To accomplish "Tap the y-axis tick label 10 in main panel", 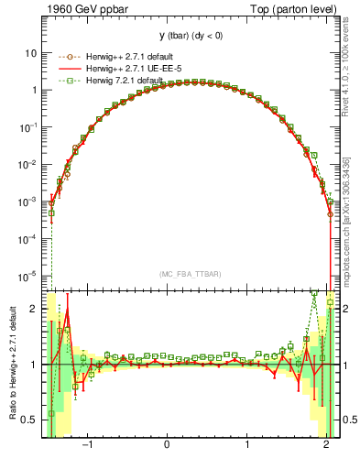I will click(x=31, y=53).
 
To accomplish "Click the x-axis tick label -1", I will click(x=87, y=445).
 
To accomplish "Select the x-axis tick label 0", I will click(x=167, y=445).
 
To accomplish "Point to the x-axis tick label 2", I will click(x=327, y=445).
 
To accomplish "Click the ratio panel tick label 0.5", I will click(x=29, y=420).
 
